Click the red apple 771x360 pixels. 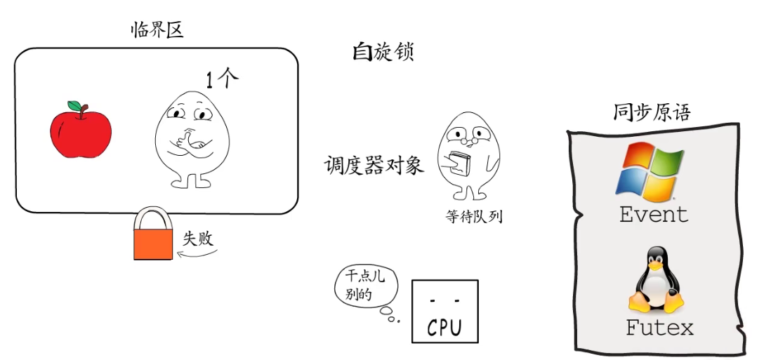(80, 131)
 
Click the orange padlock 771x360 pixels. (152, 236)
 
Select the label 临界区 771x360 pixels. (158, 30)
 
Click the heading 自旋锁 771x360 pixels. (383, 52)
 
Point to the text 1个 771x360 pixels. (223, 80)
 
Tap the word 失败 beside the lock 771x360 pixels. (197, 238)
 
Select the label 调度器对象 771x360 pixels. (374, 165)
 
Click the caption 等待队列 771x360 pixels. (473, 216)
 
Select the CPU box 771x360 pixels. (444, 311)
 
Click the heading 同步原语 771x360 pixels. (651, 113)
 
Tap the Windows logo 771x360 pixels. (649, 169)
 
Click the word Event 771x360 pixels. (654, 214)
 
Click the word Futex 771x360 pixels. (659, 327)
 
